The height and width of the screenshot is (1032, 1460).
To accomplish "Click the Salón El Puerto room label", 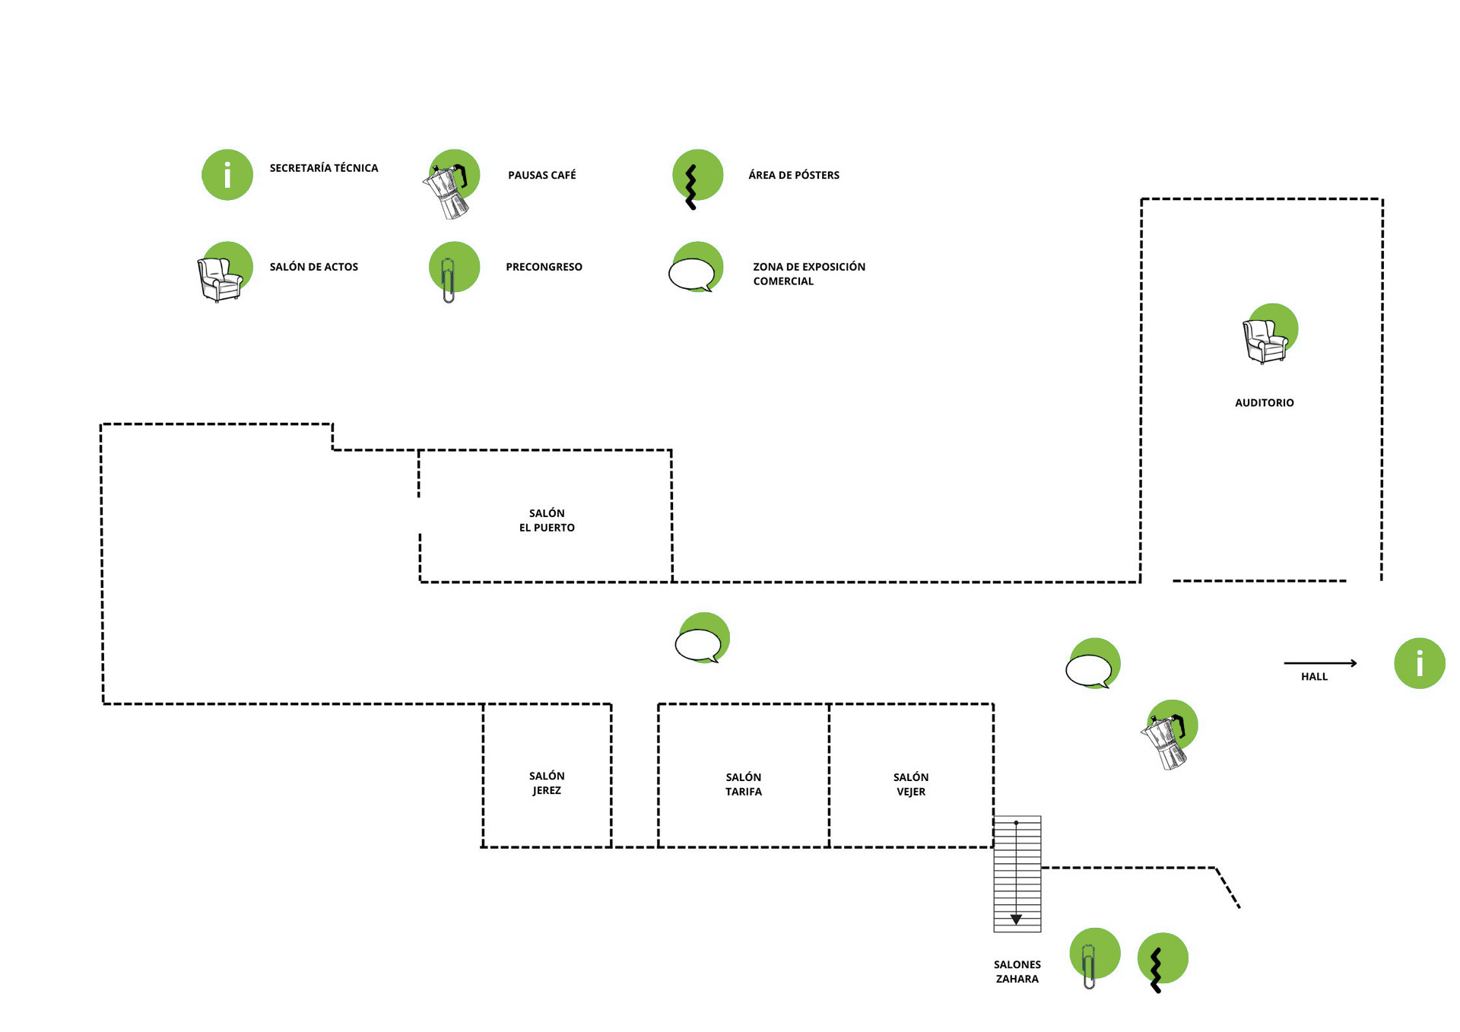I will click(547, 520).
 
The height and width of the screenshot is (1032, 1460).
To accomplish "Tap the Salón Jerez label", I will click(547, 783).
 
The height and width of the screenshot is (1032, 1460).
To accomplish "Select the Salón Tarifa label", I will click(743, 784).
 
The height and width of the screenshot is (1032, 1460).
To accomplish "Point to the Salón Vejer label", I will click(910, 784).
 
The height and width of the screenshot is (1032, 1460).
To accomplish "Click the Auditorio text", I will click(1264, 403).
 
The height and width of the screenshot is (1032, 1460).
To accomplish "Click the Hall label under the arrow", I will click(1314, 677).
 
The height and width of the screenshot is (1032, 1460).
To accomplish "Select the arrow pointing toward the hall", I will click(1320, 663).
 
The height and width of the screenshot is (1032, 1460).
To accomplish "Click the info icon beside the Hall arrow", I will click(1419, 663).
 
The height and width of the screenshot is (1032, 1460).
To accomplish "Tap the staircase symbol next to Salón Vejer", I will click(1017, 874).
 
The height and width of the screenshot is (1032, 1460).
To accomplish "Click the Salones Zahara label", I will click(1017, 971).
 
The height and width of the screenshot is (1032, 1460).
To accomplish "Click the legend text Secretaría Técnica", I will click(323, 168).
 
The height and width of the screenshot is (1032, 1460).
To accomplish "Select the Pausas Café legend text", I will click(541, 175).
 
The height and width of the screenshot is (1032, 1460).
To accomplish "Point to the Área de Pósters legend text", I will click(793, 175).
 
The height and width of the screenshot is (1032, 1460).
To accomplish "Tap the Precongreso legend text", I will click(544, 267).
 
